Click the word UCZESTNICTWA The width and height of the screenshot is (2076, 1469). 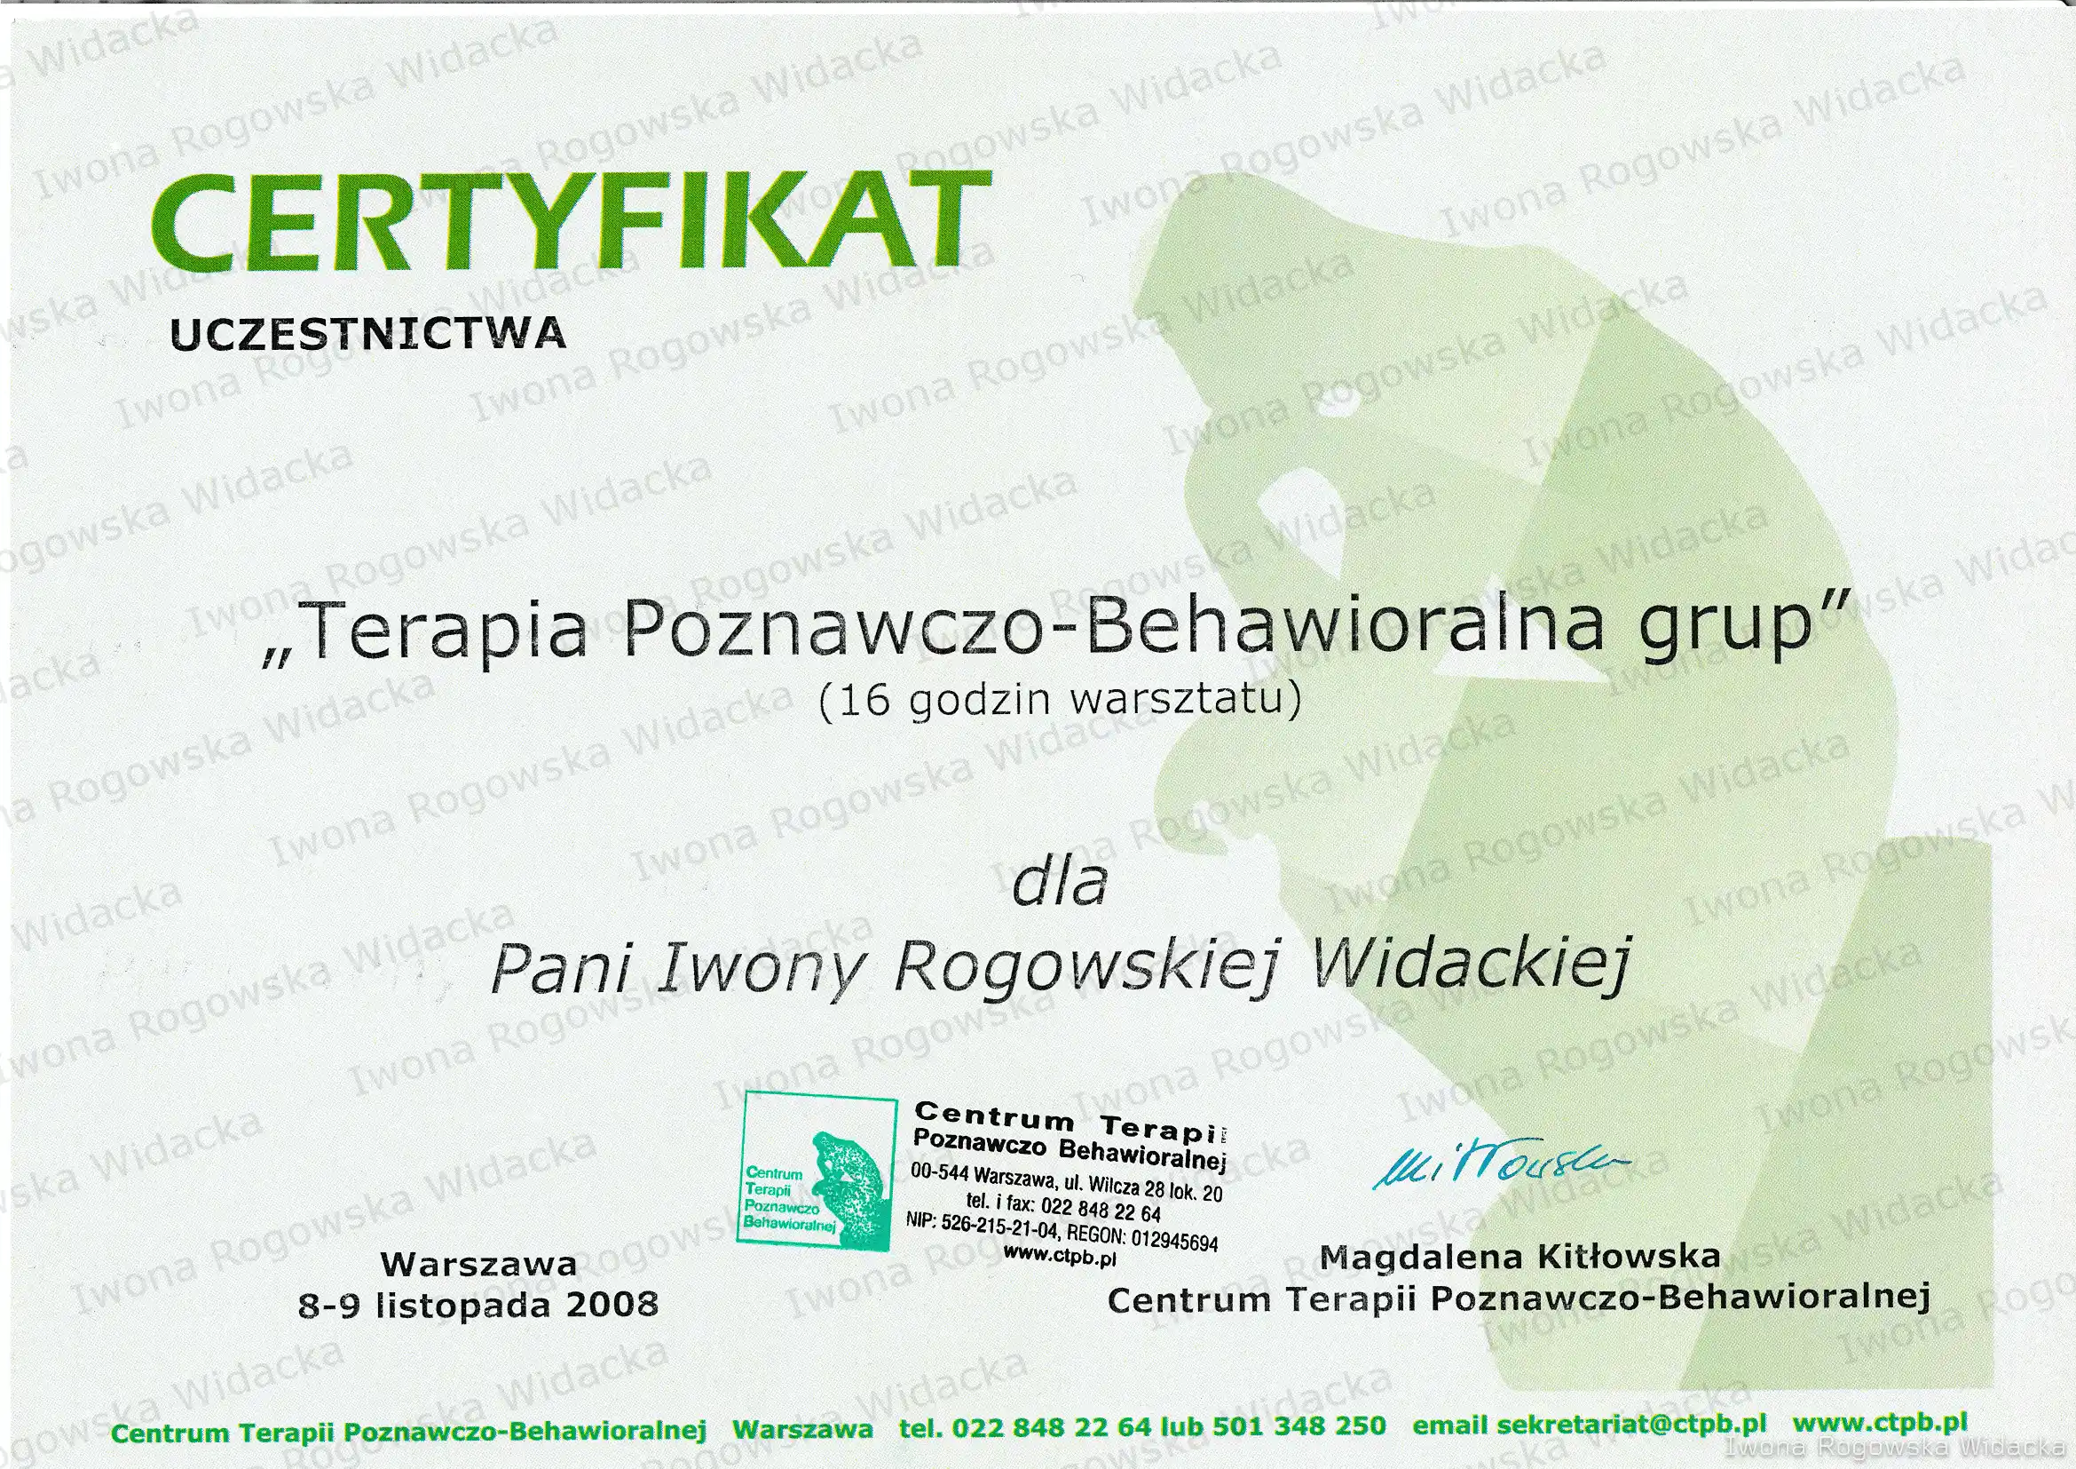click(368, 334)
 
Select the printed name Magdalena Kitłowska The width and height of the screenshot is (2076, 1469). click(1520, 1257)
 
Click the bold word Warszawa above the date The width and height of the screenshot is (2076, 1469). click(478, 1263)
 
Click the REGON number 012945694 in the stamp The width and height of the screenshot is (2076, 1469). click(1173, 1239)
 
